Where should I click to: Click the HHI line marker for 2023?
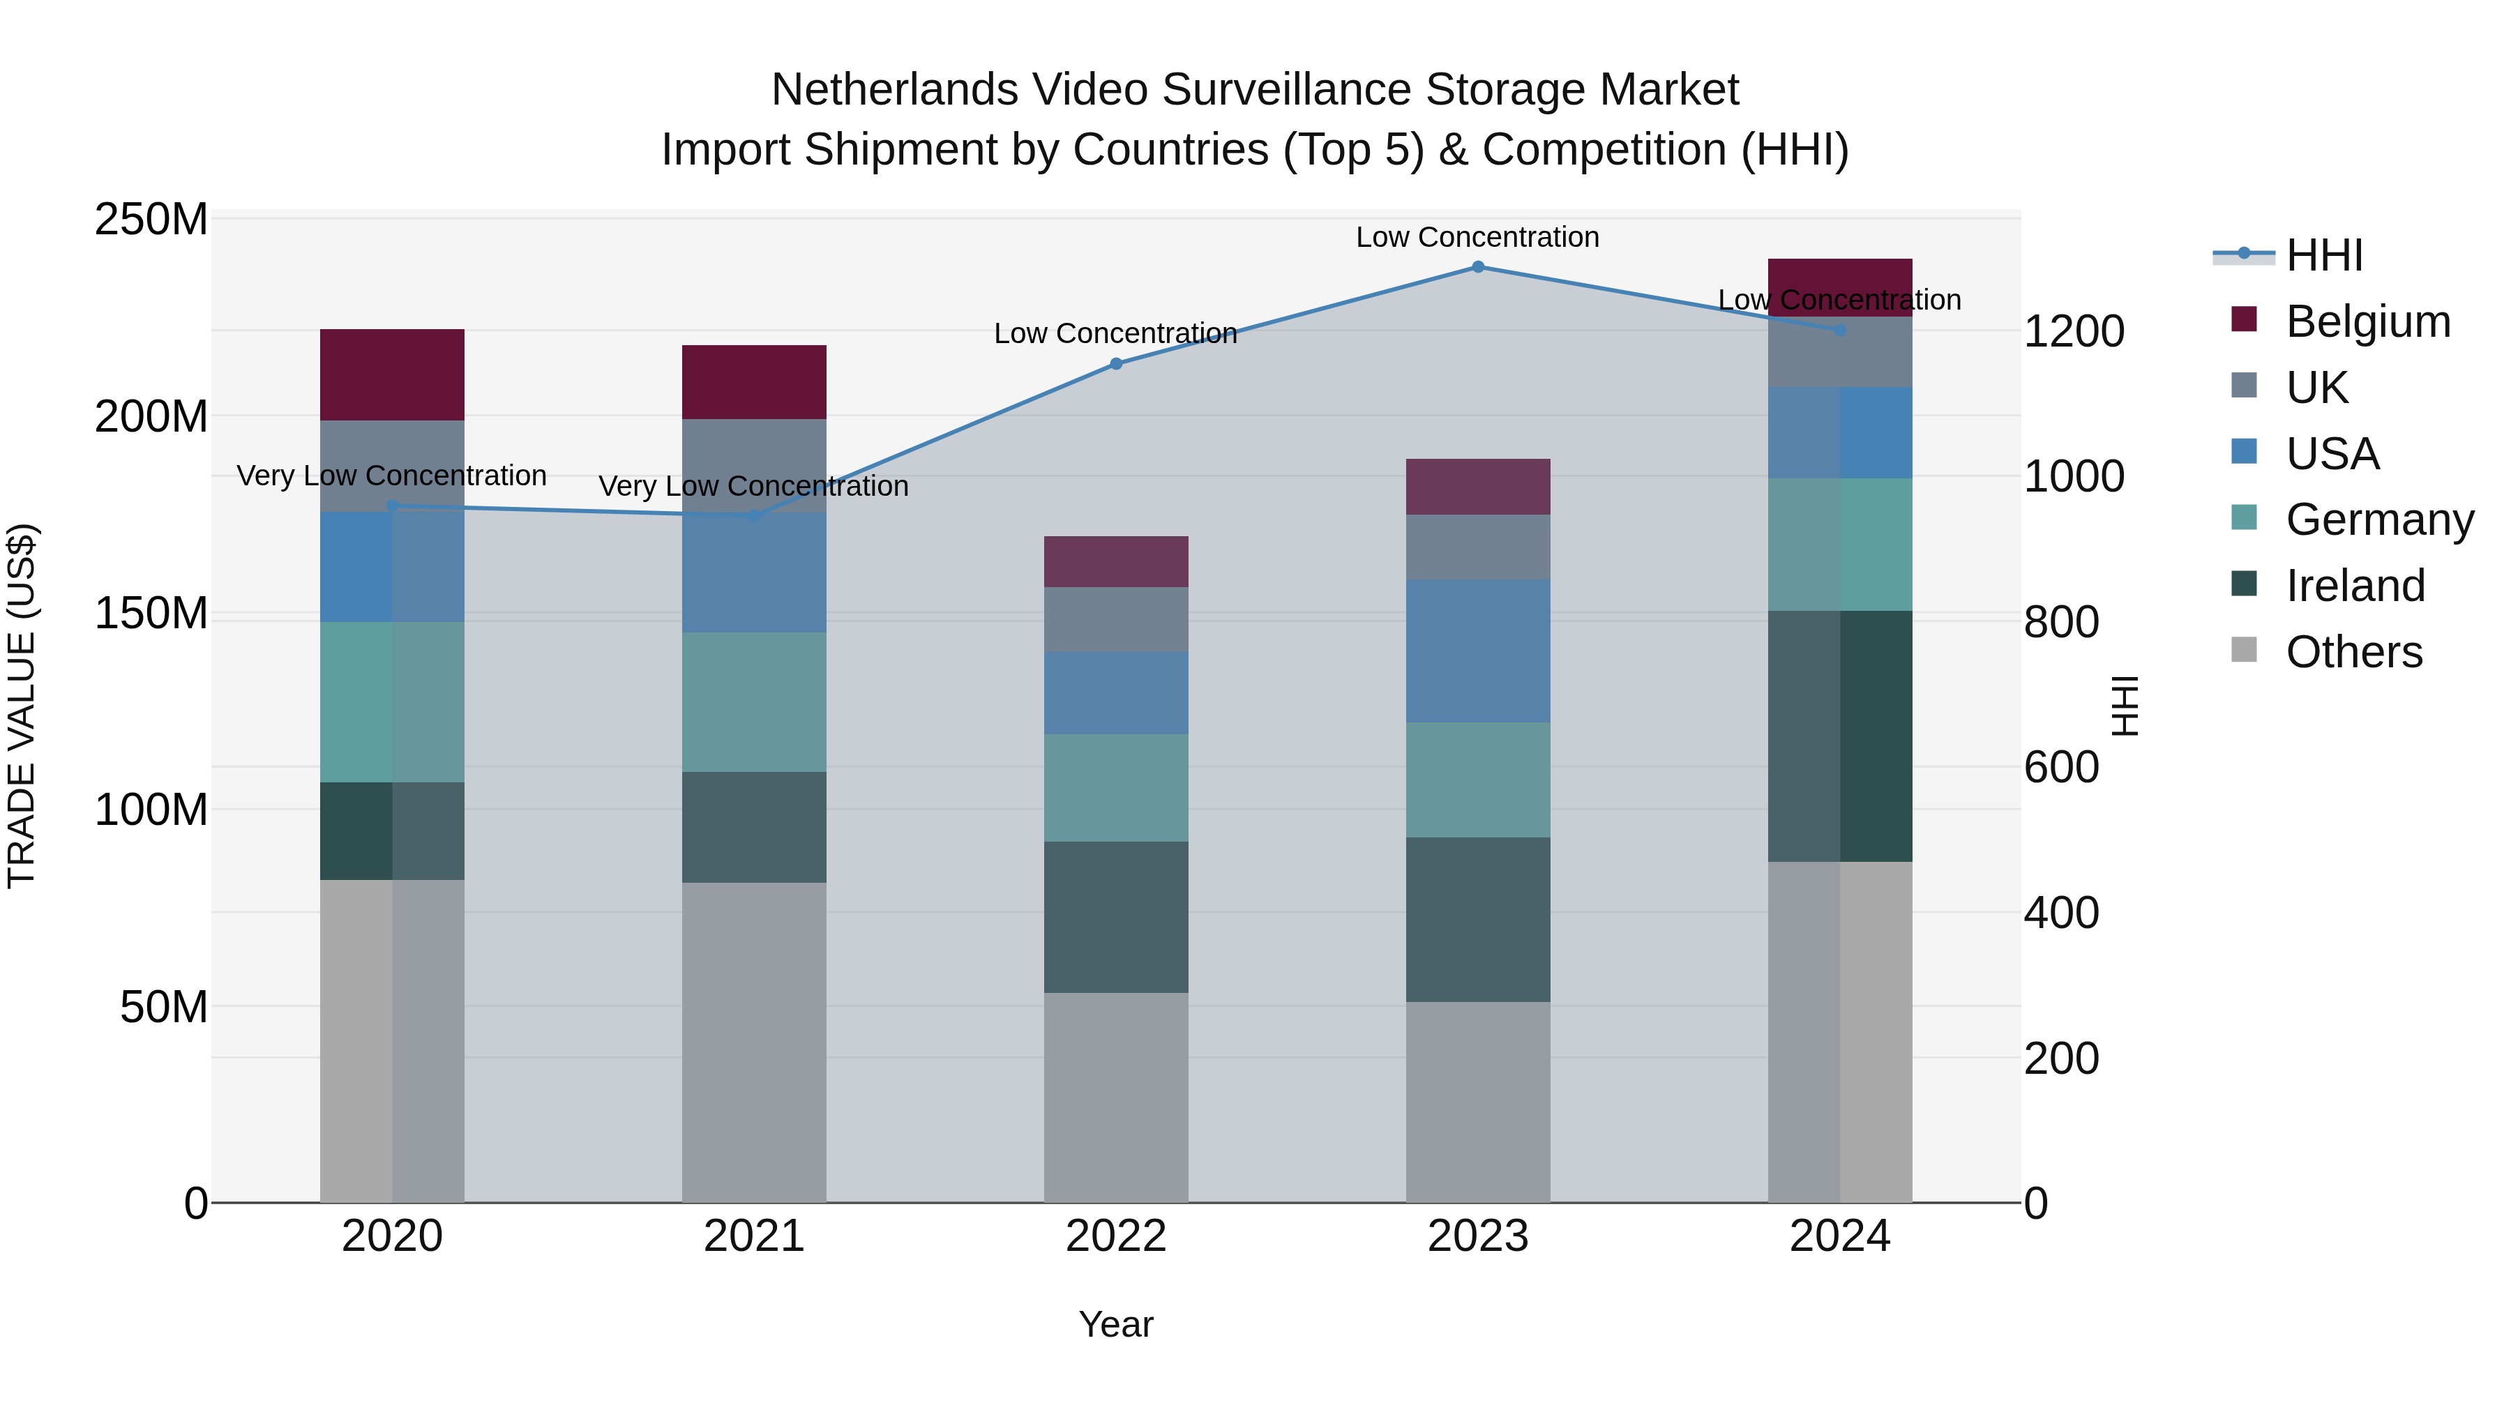click(1478, 267)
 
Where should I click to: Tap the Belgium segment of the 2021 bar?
click(753, 382)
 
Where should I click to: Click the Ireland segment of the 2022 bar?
click(1116, 917)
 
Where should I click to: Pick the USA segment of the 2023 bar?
click(1478, 651)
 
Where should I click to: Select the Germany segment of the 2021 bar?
click(753, 701)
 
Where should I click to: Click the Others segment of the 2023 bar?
click(1478, 1101)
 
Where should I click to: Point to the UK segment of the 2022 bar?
click(1116, 620)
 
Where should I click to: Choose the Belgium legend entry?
click(2367, 321)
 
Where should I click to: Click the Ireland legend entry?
click(2354, 586)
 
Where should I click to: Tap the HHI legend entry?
click(2324, 255)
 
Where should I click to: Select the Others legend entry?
click(2353, 652)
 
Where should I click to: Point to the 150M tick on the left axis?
click(151, 614)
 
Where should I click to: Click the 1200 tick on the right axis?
click(2074, 331)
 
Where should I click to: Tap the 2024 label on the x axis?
click(1839, 1236)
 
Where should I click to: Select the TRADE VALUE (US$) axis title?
click(22, 706)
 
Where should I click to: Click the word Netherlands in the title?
click(894, 90)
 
